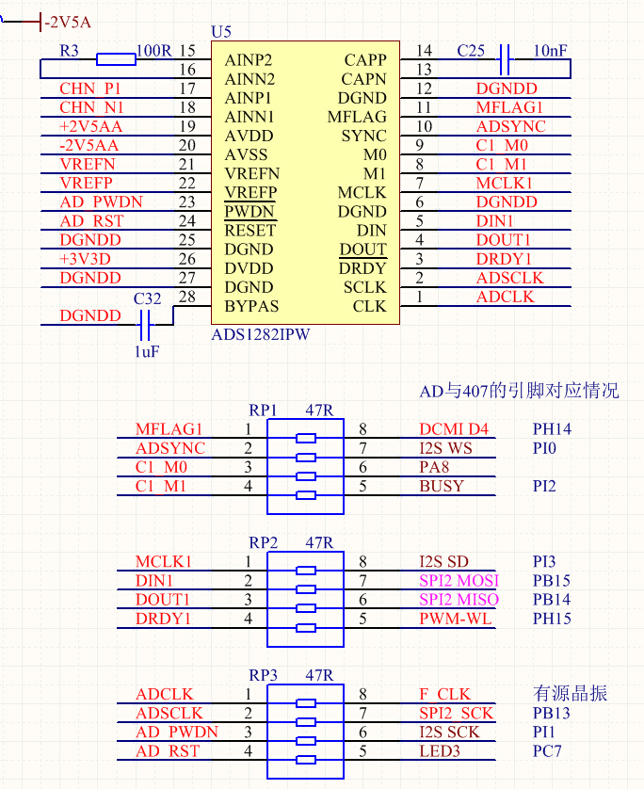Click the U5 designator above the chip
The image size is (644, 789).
(221, 32)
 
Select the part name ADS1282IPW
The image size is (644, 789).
(261, 334)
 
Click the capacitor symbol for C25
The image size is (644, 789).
(505, 59)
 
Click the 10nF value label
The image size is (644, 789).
(550, 50)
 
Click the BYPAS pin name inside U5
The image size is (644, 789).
(251, 306)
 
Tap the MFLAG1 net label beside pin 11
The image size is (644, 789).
(509, 107)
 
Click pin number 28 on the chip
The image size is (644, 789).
(186, 298)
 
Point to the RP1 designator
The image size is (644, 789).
(263, 411)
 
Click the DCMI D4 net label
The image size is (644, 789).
(454, 429)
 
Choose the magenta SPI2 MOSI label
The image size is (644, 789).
(459, 580)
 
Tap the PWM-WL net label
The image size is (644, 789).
(456, 619)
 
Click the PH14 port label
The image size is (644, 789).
(552, 429)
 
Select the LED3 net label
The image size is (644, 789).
(441, 751)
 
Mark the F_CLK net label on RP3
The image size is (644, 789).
(444, 695)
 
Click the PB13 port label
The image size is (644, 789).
(552, 714)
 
